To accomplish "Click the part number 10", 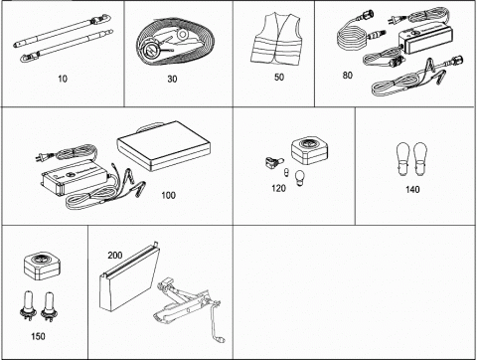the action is tap(63, 79).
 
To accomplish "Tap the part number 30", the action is tap(172, 79).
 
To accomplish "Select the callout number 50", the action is tap(279, 78).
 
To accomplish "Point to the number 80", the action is tap(347, 76).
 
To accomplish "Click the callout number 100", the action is tap(168, 195).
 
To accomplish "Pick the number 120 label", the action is tap(278, 188).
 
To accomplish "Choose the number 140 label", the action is tap(412, 189).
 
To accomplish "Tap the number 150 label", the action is tap(38, 336).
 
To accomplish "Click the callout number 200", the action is tap(114, 256).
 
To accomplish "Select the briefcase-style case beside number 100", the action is tap(164, 146).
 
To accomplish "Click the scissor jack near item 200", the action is tap(184, 303).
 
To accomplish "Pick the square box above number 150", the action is tap(42, 266).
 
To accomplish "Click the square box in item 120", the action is tap(309, 151).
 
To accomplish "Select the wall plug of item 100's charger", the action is tap(41, 157).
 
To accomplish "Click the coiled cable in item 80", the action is tap(352, 40).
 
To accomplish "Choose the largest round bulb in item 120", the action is tap(299, 175).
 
